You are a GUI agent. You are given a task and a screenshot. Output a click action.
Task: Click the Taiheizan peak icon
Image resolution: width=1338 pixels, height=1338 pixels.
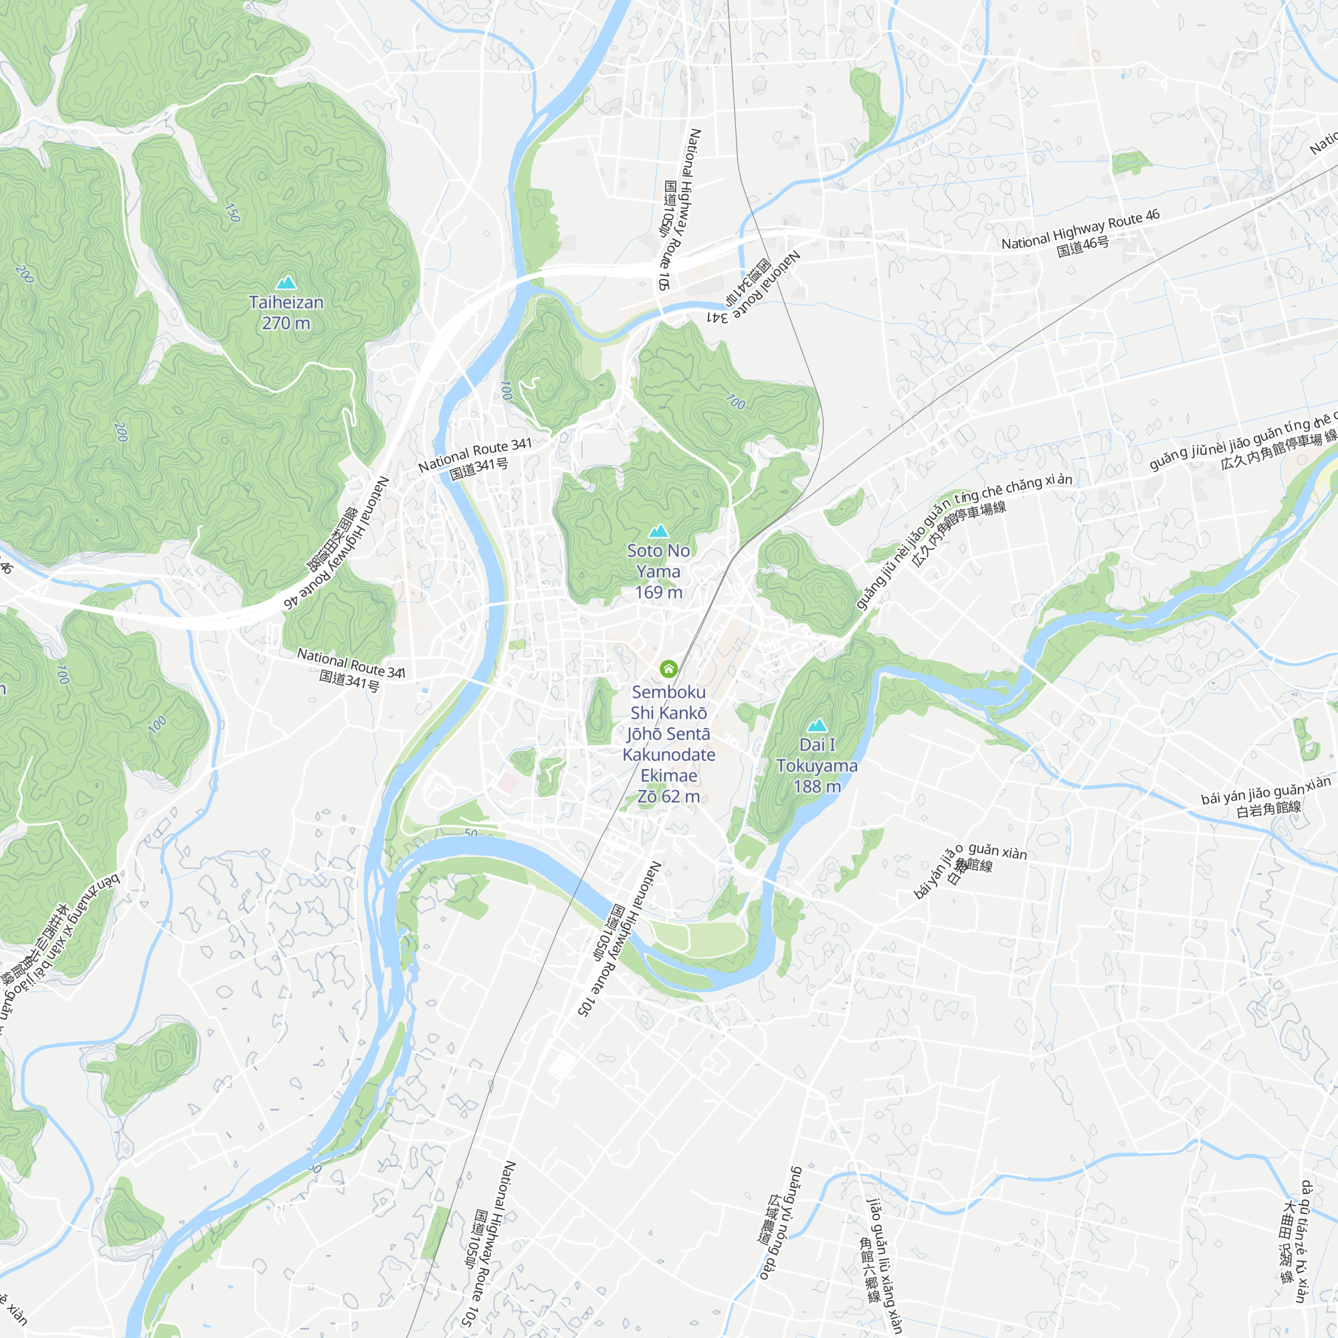(x=286, y=282)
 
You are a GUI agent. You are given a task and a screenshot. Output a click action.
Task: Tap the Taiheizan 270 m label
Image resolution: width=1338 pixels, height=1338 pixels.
(x=286, y=312)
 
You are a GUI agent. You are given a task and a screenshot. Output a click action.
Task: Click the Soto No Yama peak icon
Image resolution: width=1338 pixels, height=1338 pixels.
(x=658, y=531)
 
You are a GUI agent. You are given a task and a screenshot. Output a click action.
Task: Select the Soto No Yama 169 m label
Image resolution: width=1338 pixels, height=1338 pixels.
(x=658, y=571)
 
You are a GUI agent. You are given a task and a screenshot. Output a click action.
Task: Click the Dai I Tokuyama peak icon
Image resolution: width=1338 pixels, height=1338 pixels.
(x=818, y=725)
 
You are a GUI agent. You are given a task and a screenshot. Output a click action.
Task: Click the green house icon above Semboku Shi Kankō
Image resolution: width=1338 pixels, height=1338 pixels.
(x=668, y=668)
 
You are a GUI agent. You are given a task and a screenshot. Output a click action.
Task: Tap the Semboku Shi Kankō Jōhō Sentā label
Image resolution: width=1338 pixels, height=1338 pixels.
(x=668, y=744)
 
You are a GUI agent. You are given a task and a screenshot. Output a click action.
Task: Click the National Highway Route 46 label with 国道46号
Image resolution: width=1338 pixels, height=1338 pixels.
(x=1080, y=233)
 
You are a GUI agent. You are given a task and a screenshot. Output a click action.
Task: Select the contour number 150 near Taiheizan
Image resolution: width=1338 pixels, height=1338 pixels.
(x=233, y=213)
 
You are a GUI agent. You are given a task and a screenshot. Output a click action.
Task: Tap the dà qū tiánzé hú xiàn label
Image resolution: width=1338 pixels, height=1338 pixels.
(x=1294, y=1240)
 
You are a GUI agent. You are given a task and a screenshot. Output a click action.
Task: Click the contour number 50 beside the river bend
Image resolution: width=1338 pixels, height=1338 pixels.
(x=471, y=833)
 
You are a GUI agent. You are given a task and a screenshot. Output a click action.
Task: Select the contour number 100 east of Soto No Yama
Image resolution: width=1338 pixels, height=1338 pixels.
(x=735, y=401)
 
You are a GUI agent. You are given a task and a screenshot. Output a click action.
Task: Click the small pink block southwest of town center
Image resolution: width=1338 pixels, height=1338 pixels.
(x=508, y=783)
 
